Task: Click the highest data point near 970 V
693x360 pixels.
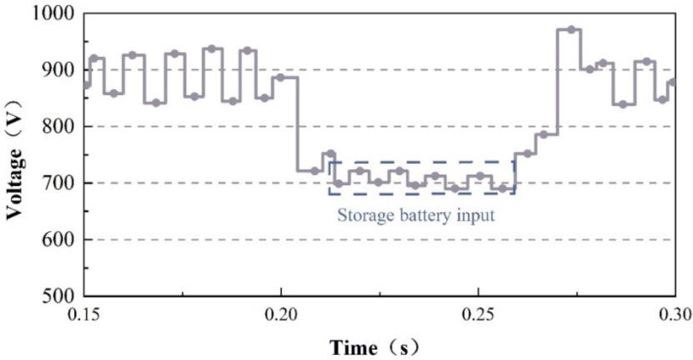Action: pos(571,30)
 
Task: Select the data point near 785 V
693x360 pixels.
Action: pos(544,134)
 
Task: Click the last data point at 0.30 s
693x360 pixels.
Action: pos(673,82)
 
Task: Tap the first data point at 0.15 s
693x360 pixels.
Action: pos(86,85)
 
